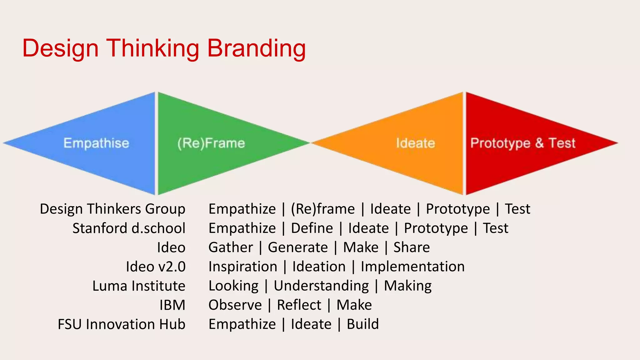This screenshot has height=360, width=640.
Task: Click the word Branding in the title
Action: coord(256,48)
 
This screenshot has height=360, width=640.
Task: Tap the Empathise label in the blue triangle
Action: coord(96,143)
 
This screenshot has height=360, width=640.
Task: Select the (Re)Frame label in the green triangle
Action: coord(211,143)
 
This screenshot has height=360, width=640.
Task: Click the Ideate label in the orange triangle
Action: coord(416,143)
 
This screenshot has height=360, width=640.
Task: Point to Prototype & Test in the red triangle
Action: coord(523,143)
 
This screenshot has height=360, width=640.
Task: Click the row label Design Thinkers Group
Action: coord(112,209)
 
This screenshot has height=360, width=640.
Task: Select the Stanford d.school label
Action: coord(129,228)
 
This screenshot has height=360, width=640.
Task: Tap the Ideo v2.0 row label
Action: coord(156,267)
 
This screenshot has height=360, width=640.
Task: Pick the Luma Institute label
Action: coord(139,286)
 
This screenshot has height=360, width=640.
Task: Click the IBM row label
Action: coord(172,305)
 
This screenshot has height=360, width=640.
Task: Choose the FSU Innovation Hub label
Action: coord(122,324)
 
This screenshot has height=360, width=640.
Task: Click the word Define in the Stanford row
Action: coord(312,228)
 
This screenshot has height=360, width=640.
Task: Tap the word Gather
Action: coord(231,247)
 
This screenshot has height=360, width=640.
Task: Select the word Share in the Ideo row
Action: coord(412,247)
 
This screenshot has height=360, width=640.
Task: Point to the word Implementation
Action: coord(412,267)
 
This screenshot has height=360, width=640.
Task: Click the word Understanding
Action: coord(321,286)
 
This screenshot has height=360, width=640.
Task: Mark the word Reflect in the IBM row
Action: coord(299,305)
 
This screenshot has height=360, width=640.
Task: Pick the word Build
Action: coord(363,324)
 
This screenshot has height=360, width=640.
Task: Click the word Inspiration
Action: coord(243,267)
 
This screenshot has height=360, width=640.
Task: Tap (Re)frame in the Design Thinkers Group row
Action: coord(323,209)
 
